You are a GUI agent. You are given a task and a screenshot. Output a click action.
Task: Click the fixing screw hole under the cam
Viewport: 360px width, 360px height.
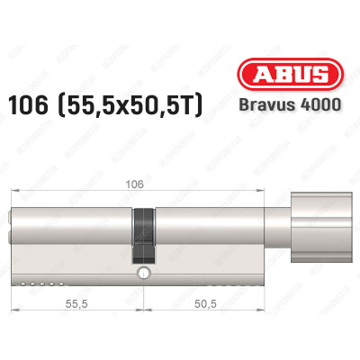click(141, 272)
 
